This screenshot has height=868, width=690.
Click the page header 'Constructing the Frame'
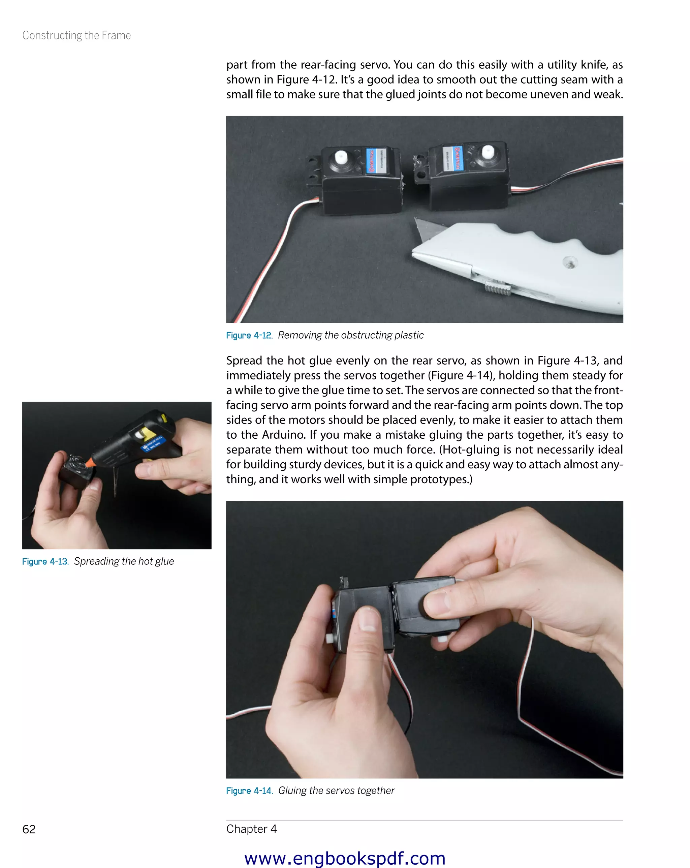[x=76, y=35]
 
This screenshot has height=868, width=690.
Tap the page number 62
[x=29, y=829]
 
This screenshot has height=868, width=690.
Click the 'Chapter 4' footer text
[x=251, y=829]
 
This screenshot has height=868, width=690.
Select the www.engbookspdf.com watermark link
[x=345, y=858]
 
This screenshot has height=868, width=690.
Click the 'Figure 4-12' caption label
[x=249, y=335]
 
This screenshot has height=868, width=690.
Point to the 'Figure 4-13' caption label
[x=45, y=561]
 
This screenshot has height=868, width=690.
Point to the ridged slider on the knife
[x=498, y=287]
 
